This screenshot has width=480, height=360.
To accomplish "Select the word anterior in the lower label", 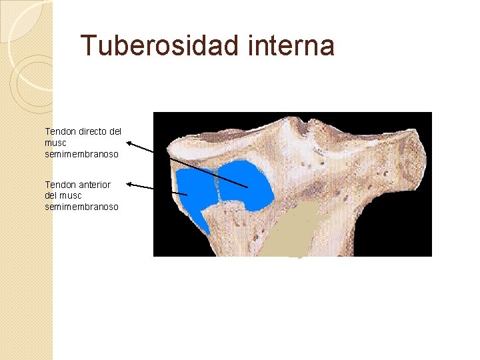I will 94,184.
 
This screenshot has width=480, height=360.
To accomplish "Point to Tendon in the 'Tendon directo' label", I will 59,131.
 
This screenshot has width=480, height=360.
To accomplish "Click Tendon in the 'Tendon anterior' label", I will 59,184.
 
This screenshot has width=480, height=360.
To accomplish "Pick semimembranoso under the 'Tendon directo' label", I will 81,154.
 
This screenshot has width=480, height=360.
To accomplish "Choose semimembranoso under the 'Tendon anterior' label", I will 81,207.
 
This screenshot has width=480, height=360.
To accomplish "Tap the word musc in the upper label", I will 55,143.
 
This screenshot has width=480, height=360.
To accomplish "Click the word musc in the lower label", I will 71,195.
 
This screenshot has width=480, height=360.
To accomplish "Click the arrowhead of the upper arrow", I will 129,142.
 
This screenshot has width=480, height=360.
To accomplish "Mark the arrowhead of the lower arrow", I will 129,183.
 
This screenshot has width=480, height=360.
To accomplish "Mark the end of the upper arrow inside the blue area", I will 247,187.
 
